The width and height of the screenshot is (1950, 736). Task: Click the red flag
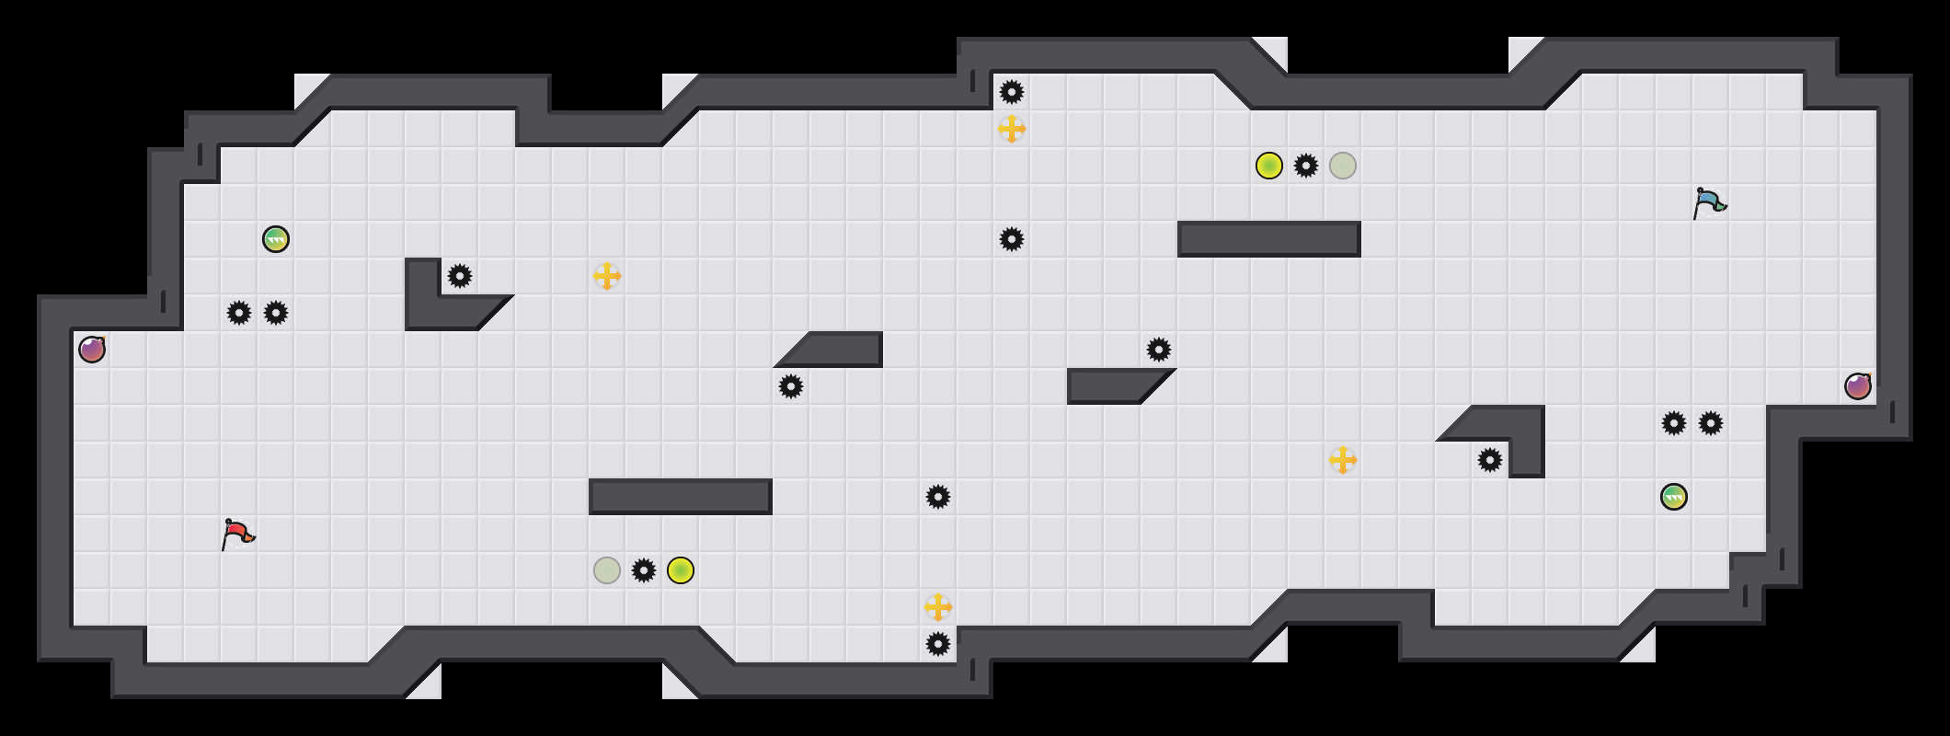[x=237, y=534]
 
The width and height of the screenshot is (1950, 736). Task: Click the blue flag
[x=1709, y=202]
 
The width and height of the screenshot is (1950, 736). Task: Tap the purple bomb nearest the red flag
[x=92, y=350]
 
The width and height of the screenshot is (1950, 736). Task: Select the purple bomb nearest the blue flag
[x=1858, y=386]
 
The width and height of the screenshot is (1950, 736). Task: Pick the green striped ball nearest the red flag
[x=276, y=239]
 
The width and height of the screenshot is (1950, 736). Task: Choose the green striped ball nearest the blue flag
[x=1674, y=497]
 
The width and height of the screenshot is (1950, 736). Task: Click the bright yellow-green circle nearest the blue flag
[x=1269, y=166]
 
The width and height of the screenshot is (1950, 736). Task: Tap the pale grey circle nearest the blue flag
[x=1343, y=166]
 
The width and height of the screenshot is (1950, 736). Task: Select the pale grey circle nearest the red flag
[x=607, y=570]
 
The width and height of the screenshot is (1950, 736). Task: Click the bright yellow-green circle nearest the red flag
[x=681, y=570]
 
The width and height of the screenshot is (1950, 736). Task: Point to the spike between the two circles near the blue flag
[x=1306, y=166]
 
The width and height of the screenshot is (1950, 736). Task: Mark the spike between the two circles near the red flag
[x=644, y=570]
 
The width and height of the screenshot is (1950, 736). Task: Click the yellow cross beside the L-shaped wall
[x=607, y=276]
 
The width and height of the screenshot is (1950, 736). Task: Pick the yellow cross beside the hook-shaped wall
[x=1343, y=460]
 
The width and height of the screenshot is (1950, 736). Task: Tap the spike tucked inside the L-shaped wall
[x=460, y=276]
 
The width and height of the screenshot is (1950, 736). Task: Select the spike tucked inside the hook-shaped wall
[x=1490, y=460]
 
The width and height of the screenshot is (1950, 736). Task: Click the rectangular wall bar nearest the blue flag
[x=1269, y=239]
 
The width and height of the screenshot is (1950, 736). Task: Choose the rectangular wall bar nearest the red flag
[x=681, y=497]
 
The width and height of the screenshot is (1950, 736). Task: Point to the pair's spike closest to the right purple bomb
[x=1711, y=423]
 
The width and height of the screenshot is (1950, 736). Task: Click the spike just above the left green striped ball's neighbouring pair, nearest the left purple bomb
[x=239, y=313]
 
